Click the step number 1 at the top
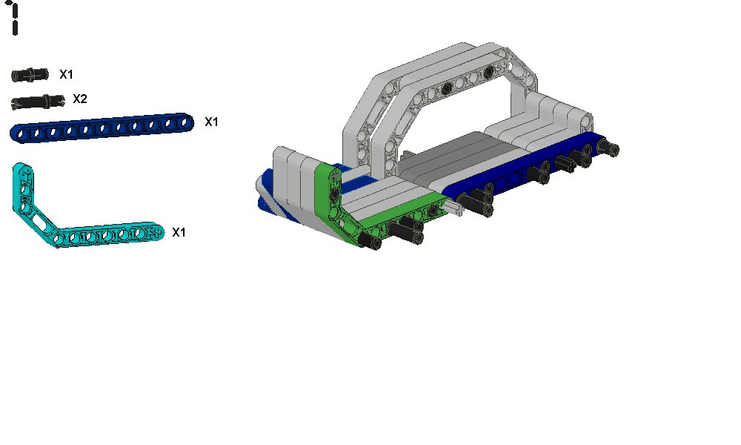[x=14, y=18]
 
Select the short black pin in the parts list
[x=30, y=75]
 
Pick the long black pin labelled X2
[x=37, y=102]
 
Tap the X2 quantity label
[x=80, y=99]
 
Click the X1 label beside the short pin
[x=66, y=74]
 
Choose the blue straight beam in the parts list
[x=102, y=128]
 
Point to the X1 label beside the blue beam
[x=211, y=122]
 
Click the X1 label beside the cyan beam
[x=179, y=232]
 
